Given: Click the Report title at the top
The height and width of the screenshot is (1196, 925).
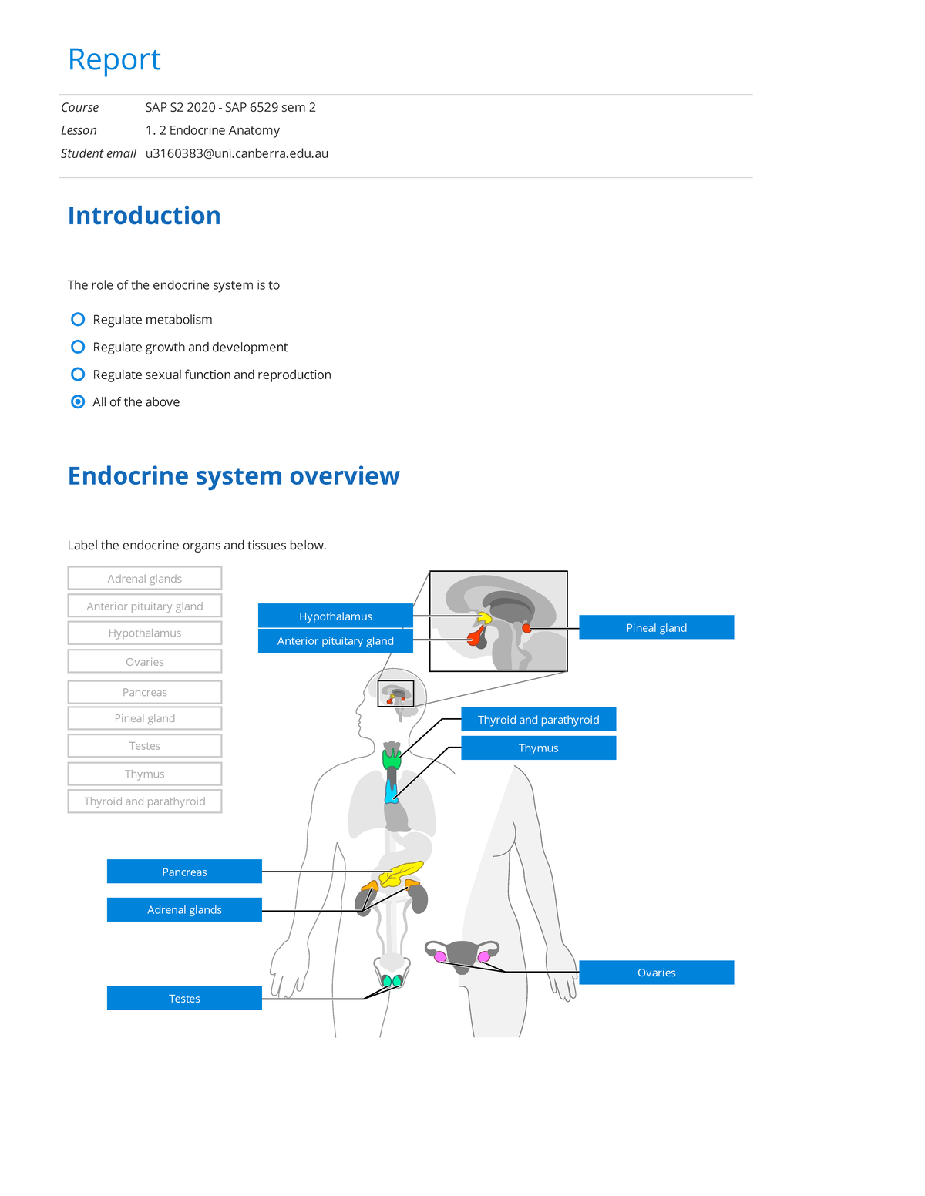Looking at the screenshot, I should [x=114, y=59].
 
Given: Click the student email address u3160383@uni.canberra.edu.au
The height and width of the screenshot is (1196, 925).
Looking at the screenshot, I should [x=237, y=153].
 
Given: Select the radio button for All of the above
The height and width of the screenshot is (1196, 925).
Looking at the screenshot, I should [x=78, y=401].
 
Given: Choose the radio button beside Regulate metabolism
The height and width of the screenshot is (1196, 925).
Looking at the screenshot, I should [x=78, y=319].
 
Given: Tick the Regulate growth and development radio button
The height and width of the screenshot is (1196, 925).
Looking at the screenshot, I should [x=78, y=347].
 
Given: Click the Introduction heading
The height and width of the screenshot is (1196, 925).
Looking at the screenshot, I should [x=144, y=216].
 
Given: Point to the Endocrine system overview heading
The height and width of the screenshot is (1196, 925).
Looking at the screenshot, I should [x=234, y=476].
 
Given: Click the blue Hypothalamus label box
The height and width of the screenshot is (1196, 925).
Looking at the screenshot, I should [x=335, y=616].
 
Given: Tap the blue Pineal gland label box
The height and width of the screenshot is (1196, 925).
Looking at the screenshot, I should [x=656, y=627].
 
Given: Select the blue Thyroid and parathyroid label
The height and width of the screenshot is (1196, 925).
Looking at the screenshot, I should [x=538, y=719].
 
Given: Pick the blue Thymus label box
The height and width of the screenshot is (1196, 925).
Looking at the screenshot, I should [x=538, y=747].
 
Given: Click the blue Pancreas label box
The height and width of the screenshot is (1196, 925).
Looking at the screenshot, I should [x=184, y=872].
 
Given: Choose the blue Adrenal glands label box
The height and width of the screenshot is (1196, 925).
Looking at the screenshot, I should [x=184, y=909].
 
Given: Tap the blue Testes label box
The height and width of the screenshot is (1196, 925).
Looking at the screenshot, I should [x=184, y=998].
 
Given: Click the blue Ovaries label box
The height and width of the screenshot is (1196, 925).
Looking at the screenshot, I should [x=656, y=973].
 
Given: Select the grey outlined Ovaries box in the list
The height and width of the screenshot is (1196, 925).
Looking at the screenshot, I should [x=145, y=661].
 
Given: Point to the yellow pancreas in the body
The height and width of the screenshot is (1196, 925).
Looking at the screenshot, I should [x=401, y=874].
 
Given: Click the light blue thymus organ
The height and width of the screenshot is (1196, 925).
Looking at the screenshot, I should [x=392, y=793].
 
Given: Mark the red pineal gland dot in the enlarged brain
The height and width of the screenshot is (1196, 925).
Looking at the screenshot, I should [x=526, y=628].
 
